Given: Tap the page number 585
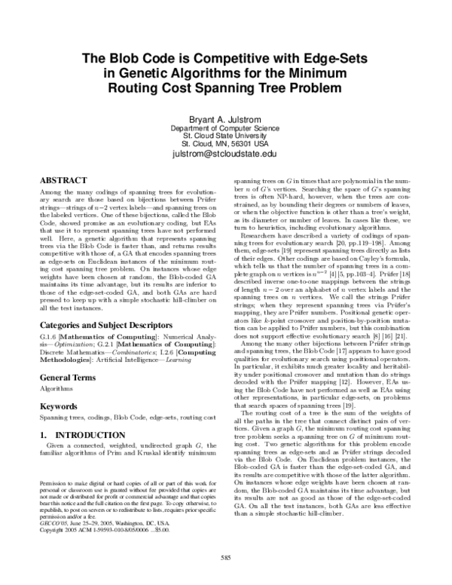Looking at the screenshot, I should point(225,557).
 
